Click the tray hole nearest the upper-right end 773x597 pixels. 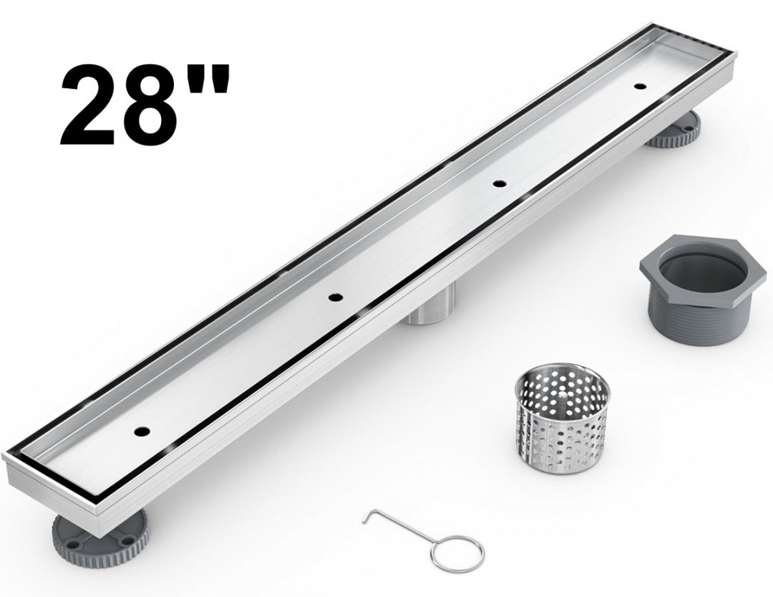point(641,87)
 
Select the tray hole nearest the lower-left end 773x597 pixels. point(142,430)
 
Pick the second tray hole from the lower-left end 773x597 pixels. point(337,297)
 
